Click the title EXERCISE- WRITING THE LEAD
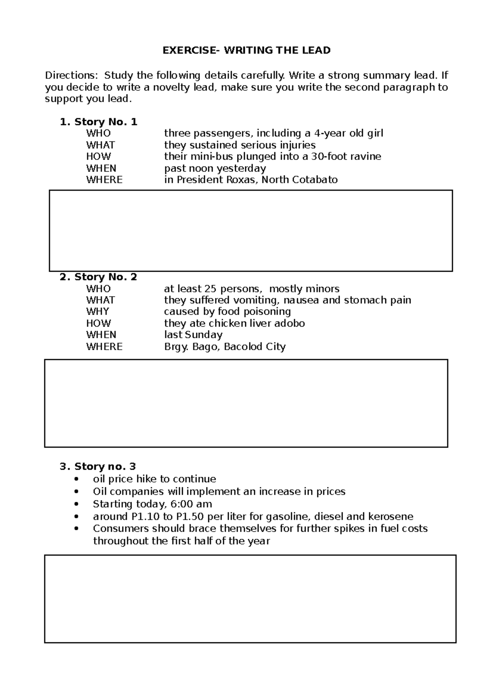point(246,51)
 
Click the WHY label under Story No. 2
point(97,312)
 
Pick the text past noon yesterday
point(215,168)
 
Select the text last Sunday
point(193,335)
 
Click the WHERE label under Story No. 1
point(104,180)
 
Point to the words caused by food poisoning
point(227,312)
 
